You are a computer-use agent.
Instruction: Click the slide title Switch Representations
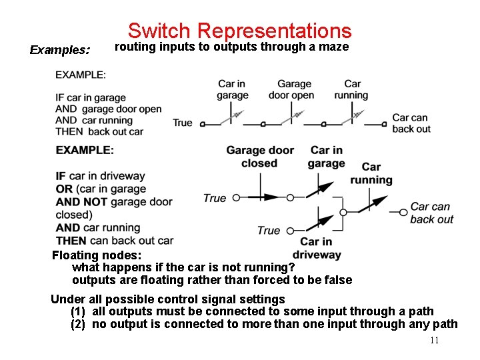(239, 31)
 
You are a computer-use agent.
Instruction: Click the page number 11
(434, 341)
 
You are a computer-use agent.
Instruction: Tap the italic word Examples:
(60, 50)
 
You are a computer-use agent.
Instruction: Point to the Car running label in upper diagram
(351, 89)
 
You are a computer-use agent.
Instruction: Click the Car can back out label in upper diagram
(411, 123)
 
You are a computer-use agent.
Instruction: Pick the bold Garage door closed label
(259, 157)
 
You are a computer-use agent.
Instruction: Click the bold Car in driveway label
(317, 248)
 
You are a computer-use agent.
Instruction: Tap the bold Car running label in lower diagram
(371, 173)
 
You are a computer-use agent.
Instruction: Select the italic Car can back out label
(431, 213)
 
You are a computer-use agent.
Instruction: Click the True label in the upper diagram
(182, 123)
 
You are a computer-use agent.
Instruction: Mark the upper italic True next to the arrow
(215, 198)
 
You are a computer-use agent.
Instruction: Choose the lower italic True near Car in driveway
(268, 231)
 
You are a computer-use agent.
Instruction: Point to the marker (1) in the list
(79, 311)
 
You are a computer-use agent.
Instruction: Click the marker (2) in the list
(79, 324)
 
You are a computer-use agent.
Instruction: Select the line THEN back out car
(99, 132)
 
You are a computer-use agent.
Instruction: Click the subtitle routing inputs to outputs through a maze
(231, 47)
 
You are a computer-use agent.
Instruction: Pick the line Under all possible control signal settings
(168, 299)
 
